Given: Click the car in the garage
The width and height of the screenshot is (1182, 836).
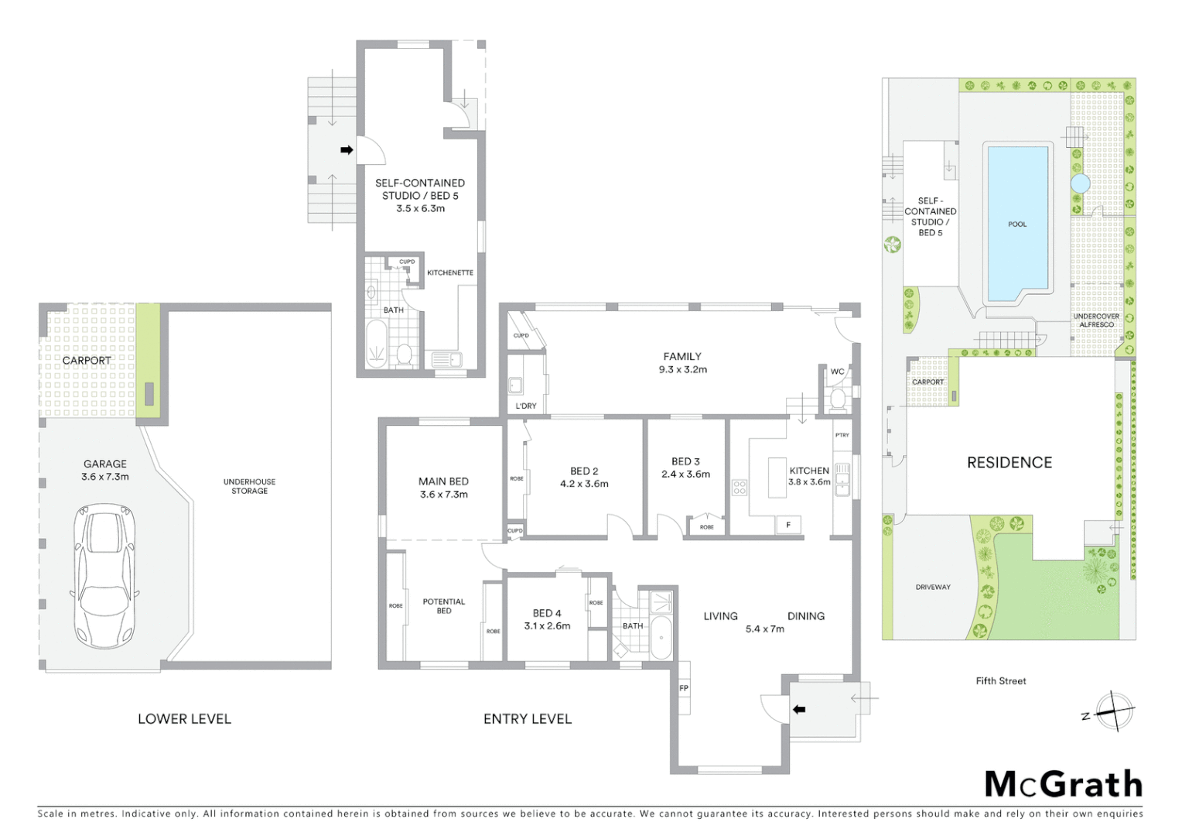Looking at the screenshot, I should tap(104, 576).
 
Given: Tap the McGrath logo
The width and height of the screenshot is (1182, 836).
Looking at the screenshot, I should tap(1063, 784).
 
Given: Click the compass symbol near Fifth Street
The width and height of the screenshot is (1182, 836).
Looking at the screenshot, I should tap(1114, 710).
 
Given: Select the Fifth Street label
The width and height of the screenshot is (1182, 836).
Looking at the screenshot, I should tap(1000, 681).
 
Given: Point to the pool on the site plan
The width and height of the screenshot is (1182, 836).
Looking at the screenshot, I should tap(1016, 224).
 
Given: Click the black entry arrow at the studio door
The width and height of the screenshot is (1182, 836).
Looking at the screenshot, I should tap(347, 150).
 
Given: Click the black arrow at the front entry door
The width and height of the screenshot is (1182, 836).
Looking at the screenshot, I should tap(799, 709).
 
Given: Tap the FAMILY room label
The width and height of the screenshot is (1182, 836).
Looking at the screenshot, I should tap(682, 357).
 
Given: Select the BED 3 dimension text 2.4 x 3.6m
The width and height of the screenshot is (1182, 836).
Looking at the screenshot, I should tap(685, 475).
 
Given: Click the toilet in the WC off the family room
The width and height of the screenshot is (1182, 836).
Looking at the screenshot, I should tap(837, 399).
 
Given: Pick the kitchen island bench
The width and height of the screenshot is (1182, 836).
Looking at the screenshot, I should tap(777, 478).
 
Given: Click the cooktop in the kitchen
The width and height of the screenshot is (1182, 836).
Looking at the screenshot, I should tap(740, 487).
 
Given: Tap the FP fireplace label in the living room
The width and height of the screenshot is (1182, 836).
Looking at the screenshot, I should tap(684, 688).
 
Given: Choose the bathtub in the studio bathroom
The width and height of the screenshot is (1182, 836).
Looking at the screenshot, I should tap(377, 343).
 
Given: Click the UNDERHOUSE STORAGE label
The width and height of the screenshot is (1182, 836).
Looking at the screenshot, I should tap(249, 486).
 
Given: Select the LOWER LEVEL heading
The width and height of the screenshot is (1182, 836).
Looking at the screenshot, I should tap(184, 719).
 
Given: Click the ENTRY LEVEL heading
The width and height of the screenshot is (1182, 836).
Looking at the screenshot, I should tap(528, 719).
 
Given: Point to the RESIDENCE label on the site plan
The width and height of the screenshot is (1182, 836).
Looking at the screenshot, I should tap(1009, 463).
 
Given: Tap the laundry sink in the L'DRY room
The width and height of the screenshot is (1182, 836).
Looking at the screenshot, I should tap(515, 385).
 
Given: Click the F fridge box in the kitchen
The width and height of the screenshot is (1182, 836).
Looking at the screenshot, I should tap(788, 526).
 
